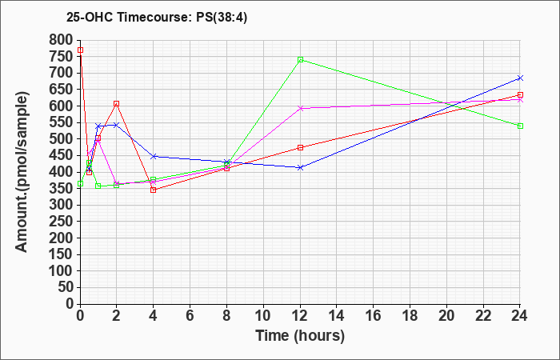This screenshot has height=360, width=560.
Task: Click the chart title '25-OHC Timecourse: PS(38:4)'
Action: pyautogui.click(x=157, y=18)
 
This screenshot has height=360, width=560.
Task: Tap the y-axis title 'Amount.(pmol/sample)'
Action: pyautogui.click(x=22, y=172)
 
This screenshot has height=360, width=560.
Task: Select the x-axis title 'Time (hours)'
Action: pyautogui.click(x=300, y=336)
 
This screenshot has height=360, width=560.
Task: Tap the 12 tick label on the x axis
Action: pyautogui.click(x=300, y=316)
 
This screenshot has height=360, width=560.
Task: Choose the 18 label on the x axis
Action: pyautogui.click(x=410, y=316)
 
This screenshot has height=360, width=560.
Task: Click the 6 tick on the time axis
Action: pyautogui.click(x=190, y=316)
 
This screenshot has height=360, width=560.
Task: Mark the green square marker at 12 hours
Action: pyautogui.click(x=300, y=60)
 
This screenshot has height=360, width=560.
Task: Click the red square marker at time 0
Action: pyautogui.click(x=80, y=50)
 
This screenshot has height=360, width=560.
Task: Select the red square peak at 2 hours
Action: pyautogui.click(x=117, y=103)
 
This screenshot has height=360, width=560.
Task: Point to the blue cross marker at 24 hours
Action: pyautogui.click(x=520, y=78)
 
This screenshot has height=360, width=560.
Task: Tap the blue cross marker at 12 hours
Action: pyautogui.click(x=300, y=167)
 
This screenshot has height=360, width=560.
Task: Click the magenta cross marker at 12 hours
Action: pyautogui.click(x=300, y=108)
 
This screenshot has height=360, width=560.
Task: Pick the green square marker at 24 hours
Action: pyautogui.click(x=520, y=126)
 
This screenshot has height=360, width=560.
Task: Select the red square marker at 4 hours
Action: pyautogui.click(x=154, y=190)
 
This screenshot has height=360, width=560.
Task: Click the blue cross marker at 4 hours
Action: pyautogui.click(x=154, y=157)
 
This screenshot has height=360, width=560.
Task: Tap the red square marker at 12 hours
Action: pyautogui.click(x=300, y=147)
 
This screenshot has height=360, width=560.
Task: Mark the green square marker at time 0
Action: pyautogui.click(x=80, y=183)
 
